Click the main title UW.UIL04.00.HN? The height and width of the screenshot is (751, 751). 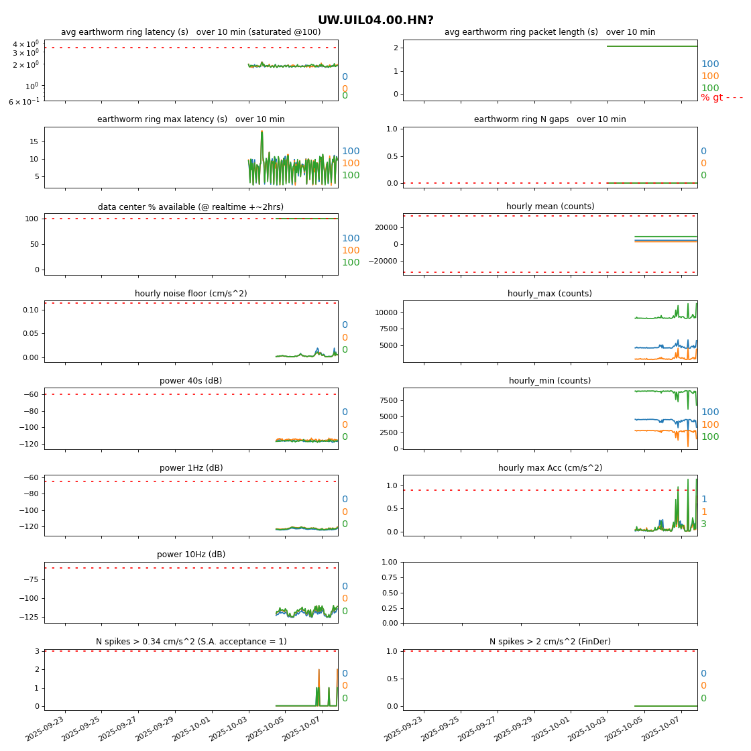(375, 21)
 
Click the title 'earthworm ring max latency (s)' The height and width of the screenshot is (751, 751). (190, 119)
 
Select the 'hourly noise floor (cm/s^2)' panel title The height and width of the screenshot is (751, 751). (190, 294)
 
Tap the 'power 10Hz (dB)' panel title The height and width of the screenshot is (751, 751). (190, 555)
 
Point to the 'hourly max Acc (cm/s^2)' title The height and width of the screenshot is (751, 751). (550, 468)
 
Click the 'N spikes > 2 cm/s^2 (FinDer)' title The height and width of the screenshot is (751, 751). (550, 642)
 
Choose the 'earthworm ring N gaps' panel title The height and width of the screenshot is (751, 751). (550, 119)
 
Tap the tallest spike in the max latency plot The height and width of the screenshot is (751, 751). (262, 131)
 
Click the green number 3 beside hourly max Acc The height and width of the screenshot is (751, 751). (704, 524)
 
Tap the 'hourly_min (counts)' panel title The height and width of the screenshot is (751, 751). (550, 381)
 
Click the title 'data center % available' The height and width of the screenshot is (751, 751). (190, 207)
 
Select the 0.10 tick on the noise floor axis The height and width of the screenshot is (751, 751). (31, 310)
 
